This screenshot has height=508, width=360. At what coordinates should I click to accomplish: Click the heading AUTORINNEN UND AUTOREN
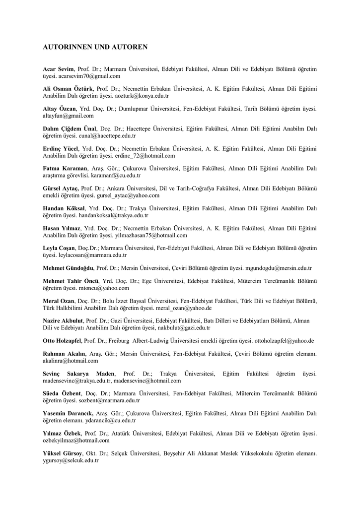[95, 47]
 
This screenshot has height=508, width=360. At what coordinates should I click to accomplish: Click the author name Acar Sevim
[59, 69]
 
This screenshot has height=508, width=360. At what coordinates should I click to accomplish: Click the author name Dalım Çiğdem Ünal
[70, 128]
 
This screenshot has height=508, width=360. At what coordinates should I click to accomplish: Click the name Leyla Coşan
[59, 248]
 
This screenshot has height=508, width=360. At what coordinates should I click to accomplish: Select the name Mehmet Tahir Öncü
[71, 281]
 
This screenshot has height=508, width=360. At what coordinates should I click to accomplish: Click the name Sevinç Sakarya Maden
[78, 373]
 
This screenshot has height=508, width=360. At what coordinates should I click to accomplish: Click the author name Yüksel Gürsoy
[63, 453]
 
